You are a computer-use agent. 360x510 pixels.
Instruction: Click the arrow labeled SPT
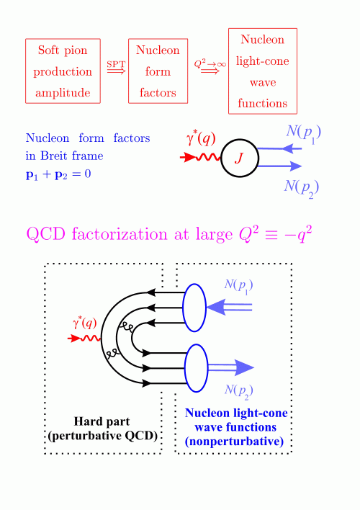click(x=116, y=71)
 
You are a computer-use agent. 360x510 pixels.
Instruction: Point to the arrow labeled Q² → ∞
click(x=210, y=71)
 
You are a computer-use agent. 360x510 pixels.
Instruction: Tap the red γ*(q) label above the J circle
click(x=201, y=138)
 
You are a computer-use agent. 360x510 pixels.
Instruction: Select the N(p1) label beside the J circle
click(x=303, y=133)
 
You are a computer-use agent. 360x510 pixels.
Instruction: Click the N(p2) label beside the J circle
click(x=302, y=188)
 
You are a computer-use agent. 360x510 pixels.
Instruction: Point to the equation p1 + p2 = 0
click(x=58, y=174)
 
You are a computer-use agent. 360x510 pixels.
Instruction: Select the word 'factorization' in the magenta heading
click(x=120, y=234)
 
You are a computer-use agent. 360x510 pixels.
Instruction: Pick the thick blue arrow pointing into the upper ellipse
click(x=229, y=308)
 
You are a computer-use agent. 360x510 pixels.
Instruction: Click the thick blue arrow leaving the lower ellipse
click(x=231, y=367)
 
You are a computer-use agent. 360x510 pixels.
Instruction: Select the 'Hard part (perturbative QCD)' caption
click(x=102, y=429)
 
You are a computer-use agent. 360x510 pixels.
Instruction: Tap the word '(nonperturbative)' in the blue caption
click(x=234, y=442)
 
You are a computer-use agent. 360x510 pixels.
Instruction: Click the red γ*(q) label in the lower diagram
click(x=85, y=323)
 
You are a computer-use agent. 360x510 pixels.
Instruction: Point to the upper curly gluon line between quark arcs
click(x=125, y=328)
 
